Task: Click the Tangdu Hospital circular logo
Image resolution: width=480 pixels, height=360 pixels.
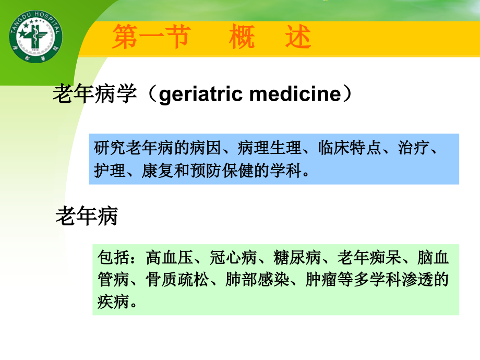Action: [x=35, y=36]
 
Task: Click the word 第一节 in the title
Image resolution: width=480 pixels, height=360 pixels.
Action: [x=150, y=38]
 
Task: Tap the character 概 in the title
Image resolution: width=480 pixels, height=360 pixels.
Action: [x=243, y=38]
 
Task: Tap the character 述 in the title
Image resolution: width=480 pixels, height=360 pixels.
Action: [x=298, y=38]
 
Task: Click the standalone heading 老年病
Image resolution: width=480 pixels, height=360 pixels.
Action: [x=87, y=217]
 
